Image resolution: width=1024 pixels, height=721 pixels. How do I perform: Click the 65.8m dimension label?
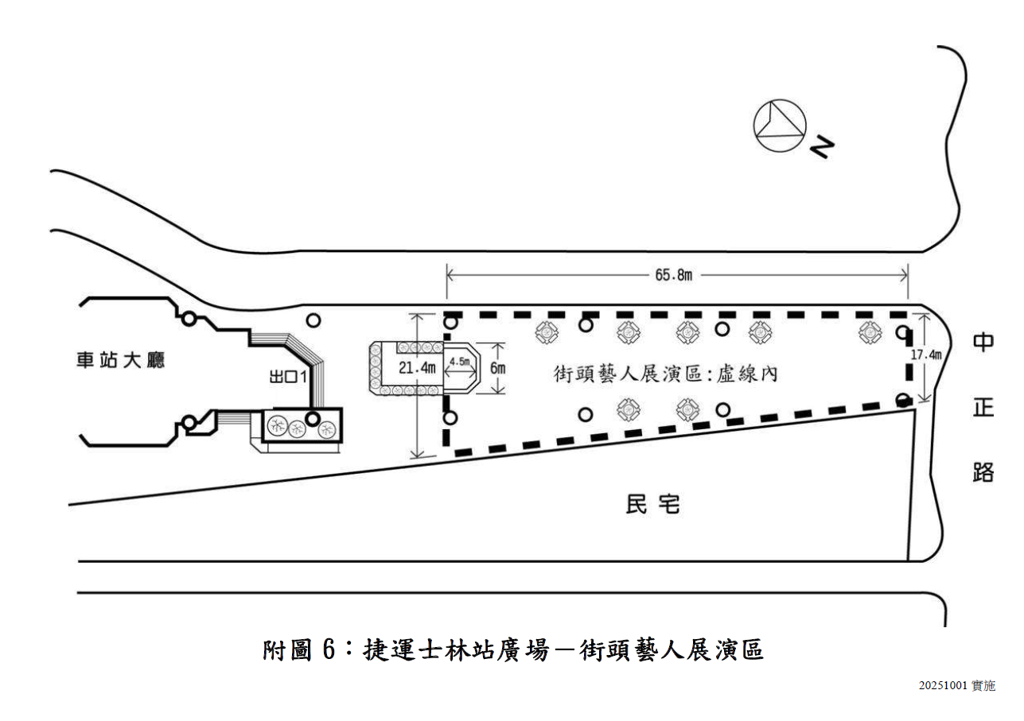tap(673, 275)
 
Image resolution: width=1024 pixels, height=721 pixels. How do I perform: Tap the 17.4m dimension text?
tap(926, 355)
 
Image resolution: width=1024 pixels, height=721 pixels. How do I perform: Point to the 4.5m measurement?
tap(459, 362)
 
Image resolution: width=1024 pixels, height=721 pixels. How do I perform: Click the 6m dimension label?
tap(498, 368)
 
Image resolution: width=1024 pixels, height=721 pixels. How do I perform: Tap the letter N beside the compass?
tap(823, 147)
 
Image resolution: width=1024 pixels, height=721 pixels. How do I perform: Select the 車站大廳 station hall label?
tap(120, 360)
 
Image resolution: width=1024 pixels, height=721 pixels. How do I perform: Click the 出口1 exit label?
tap(288, 376)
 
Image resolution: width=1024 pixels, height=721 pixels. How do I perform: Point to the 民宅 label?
tap(653, 504)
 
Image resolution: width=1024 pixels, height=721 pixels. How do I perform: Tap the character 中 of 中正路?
tap(983, 343)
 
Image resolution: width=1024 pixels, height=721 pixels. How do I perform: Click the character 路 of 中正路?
tap(983, 471)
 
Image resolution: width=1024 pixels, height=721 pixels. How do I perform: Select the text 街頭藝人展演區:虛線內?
tap(665, 374)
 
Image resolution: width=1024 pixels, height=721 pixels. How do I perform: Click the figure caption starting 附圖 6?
tap(513, 649)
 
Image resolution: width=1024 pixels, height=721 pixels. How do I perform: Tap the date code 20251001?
tap(944, 685)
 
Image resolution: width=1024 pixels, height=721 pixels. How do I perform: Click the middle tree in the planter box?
tap(296, 428)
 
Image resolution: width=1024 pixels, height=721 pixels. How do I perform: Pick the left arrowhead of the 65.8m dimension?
tap(450, 275)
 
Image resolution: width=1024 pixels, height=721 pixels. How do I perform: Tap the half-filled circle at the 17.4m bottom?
tap(903, 399)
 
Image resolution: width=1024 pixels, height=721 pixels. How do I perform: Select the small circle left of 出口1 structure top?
tap(189, 319)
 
